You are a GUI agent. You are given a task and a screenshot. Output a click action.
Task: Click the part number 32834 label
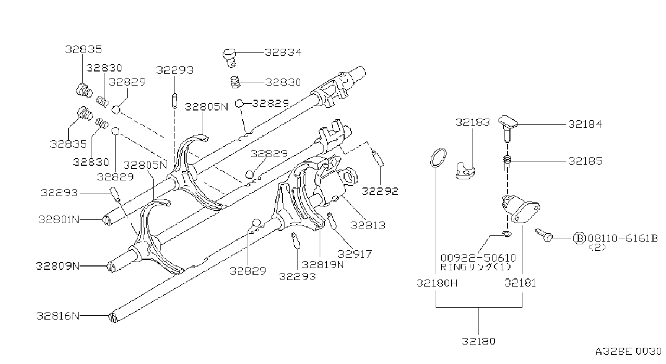283,53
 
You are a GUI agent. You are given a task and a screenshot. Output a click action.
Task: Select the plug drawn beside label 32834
230,58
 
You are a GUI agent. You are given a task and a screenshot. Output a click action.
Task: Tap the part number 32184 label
585,124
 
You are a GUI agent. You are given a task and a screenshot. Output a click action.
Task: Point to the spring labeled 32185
507,160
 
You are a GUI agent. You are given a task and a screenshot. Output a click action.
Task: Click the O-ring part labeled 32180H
438,158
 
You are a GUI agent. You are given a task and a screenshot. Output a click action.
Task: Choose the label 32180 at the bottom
479,341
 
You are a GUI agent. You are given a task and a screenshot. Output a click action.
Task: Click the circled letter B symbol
579,238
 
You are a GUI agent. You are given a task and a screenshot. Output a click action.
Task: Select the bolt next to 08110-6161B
544,235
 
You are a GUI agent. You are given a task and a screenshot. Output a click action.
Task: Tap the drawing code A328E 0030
628,352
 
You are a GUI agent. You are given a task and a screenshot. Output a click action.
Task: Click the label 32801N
59,219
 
